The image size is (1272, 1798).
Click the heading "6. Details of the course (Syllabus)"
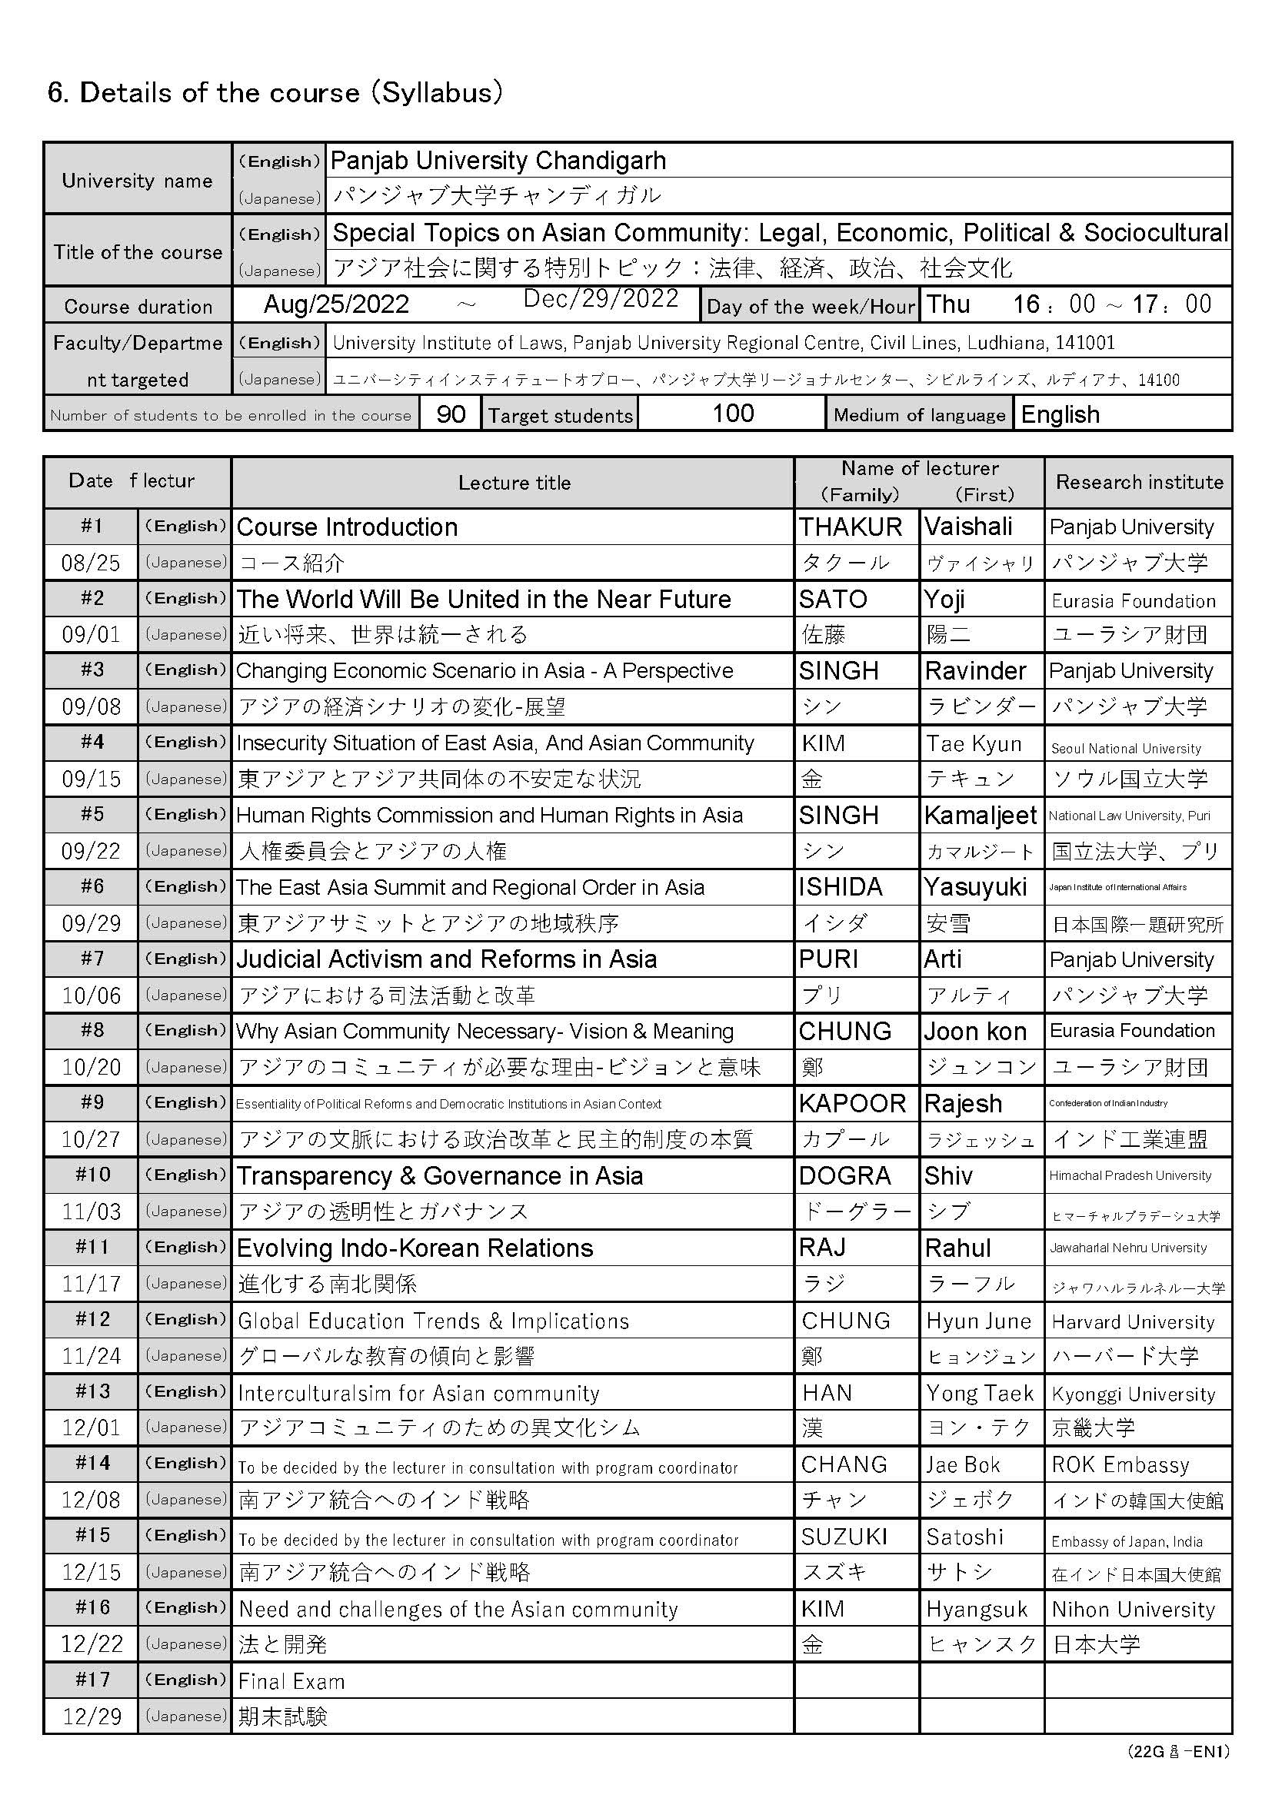click(275, 93)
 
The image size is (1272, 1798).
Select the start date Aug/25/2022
click(336, 304)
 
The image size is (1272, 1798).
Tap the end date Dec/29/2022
click(601, 298)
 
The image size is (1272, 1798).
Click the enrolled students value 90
click(451, 414)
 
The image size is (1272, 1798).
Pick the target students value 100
click(732, 414)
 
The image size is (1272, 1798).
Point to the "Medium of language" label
click(919, 415)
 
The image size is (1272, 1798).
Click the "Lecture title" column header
click(514, 483)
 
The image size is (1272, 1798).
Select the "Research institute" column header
click(1139, 483)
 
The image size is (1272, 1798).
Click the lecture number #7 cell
click(92, 959)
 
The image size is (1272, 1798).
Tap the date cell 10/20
click(92, 1067)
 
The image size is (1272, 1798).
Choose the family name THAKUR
click(851, 527)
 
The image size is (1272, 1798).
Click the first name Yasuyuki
click(975, 886)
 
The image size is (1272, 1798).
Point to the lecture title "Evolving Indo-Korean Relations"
click(415, 1248)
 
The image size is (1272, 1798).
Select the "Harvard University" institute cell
click(1133, 1322)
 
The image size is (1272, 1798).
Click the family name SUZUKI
click(844, 1537)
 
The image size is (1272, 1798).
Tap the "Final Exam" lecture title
click(291, 1681)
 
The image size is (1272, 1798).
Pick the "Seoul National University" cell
click(1126, 749)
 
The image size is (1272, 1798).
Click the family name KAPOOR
click(852, 1103)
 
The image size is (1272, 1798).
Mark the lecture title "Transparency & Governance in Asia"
click(439, 1176)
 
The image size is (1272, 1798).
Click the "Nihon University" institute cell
click(1133, 1609)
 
